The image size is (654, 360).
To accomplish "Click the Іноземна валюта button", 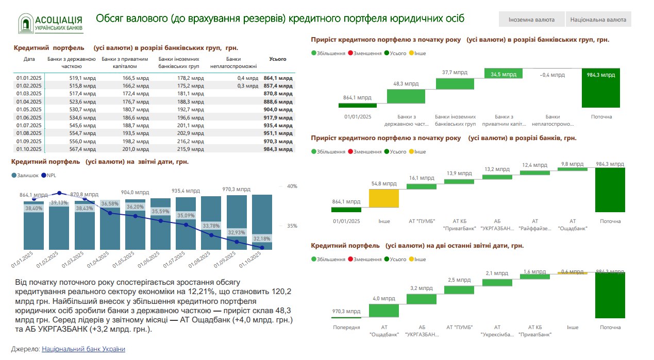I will [531, 20].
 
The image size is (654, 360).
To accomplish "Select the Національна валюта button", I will [598, 20].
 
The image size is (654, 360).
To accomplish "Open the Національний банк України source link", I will [83, 349].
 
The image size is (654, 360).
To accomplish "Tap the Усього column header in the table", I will [278, 59].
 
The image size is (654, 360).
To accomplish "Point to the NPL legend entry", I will [50, 176].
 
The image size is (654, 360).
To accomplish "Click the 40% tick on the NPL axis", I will [292, 186].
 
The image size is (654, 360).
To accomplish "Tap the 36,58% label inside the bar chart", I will [109, 204].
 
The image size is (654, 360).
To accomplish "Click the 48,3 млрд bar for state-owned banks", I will [406, 96].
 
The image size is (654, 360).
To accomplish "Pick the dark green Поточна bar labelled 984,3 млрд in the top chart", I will [601, 88].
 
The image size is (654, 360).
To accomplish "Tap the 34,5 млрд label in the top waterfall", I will [504, 75].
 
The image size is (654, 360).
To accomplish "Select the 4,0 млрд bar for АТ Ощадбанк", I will [384, 310].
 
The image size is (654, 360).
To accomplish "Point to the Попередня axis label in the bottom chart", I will [346, 328].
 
